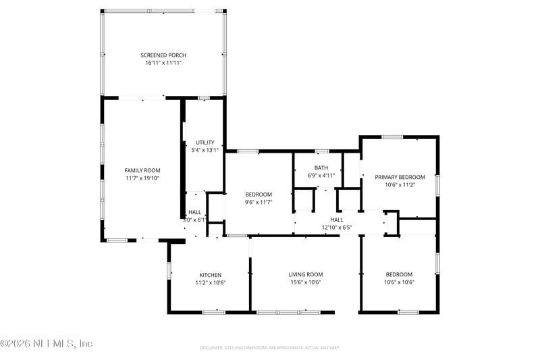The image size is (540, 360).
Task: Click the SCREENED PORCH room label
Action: pos(163,55)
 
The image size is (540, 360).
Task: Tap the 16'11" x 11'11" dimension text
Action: pos(163,63)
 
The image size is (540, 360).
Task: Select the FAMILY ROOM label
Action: pos(142,170)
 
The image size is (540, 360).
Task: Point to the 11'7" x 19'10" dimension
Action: pos(142,178)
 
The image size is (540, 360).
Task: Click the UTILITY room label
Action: pos(205,143)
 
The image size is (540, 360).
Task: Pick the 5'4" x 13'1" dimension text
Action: pos(205,151)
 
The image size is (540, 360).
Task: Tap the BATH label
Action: pos(321,168)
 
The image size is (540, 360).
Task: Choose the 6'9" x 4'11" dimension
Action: pos(321,176)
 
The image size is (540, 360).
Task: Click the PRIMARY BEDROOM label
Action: pos(400,177)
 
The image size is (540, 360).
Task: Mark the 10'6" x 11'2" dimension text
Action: pos(400,185)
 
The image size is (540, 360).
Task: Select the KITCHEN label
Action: pos(210,275)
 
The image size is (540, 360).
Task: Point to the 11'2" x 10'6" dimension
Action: pos(210,283)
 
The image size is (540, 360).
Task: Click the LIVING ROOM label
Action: pos(306,274)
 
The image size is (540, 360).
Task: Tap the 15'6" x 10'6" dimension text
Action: pos(306,282)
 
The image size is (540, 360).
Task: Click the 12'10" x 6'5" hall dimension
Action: pos(337,228)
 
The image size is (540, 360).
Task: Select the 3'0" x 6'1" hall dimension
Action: pos(194,220)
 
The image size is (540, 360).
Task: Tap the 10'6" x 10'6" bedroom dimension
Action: pos(399,282)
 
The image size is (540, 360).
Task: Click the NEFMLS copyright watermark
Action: pos(47,344)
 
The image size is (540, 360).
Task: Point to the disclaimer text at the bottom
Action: pos(270,348)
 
